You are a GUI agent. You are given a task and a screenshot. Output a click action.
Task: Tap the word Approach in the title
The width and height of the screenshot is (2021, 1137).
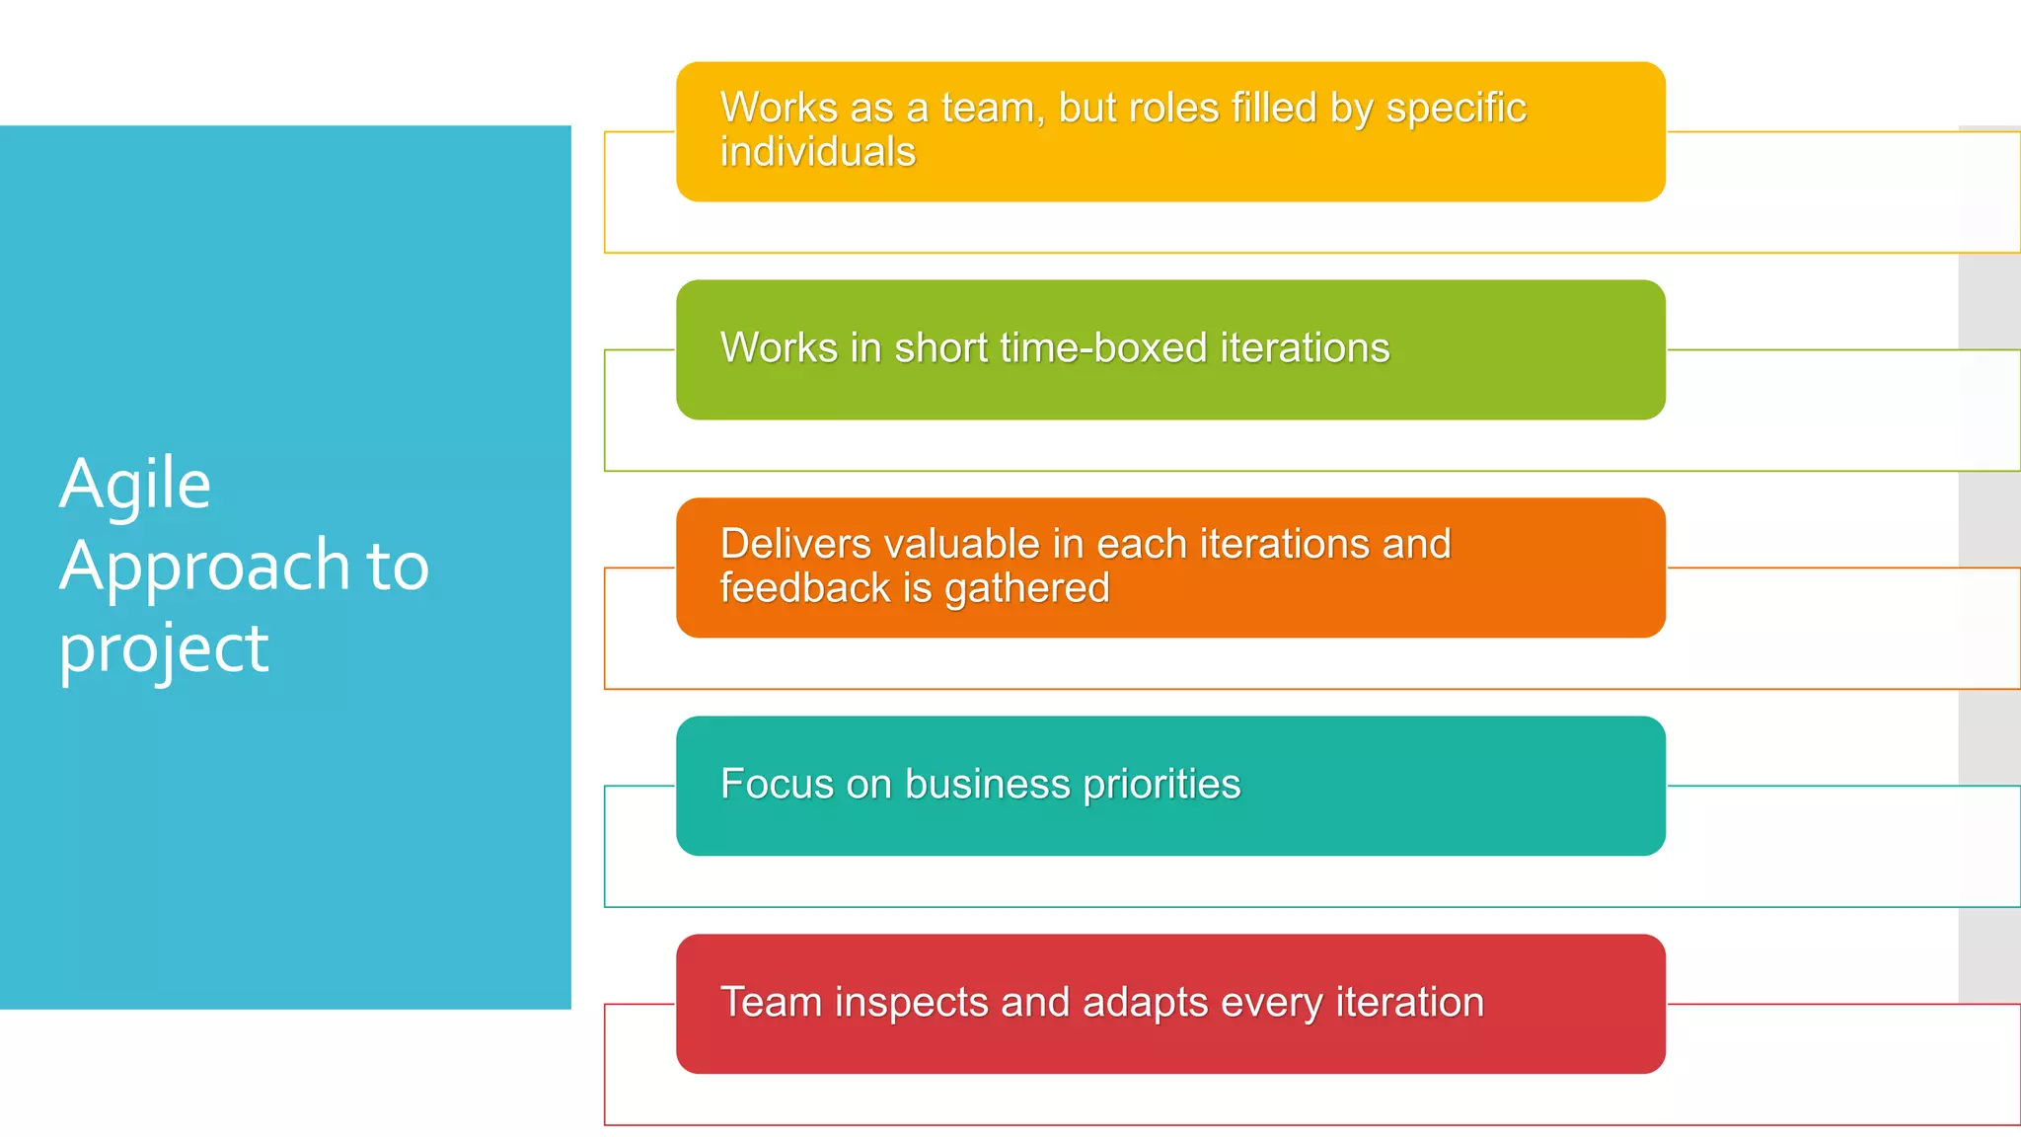[x=205, y=567]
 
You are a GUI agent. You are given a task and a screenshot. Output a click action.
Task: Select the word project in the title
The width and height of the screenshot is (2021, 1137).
[x=164, y=649]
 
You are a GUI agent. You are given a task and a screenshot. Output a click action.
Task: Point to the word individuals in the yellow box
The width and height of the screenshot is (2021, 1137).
[x=818, y=152]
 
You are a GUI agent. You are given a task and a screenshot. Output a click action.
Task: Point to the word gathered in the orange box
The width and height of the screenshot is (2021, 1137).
[x=1026, y=589]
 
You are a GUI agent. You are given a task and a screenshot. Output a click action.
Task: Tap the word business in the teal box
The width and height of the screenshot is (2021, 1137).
[x=987, y=785]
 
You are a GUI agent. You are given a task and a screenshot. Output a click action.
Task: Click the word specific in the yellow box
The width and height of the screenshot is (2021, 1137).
[x=1456, y=109]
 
